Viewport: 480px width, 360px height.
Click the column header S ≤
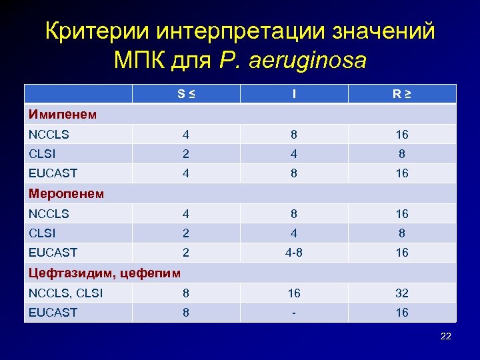(186, 95)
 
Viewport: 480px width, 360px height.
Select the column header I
(294, 95)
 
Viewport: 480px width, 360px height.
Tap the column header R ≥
(401, 95)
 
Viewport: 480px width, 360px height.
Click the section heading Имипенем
(63, 115)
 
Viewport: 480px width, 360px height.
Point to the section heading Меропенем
(66, 194)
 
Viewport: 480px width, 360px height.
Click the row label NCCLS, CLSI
(66, 293)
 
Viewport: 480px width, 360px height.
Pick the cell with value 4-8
(294, 253)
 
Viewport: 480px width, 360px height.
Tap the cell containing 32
(401, 293)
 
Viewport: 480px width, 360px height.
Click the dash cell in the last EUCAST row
(294, 312)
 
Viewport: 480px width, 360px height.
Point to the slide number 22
(446, 336)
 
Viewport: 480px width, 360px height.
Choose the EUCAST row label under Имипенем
(53, 173)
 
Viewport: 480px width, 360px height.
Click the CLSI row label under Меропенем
(43, 233)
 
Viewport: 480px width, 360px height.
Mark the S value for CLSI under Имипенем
(186, 154)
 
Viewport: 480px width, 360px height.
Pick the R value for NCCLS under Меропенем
(401, 214)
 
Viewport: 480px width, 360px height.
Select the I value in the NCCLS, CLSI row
(294, 293)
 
